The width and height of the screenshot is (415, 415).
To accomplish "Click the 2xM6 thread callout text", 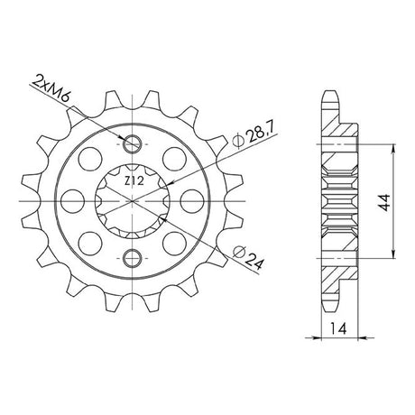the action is (51, 88).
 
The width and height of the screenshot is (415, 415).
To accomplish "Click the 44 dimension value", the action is (384, 202).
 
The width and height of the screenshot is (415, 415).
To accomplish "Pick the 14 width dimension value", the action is (338, 328).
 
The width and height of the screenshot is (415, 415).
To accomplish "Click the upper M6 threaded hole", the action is (132, 144).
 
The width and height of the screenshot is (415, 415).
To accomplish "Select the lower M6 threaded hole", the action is (132, 258).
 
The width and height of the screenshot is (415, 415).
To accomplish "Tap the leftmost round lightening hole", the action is (72, 201).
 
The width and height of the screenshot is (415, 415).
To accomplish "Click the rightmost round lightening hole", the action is (192, 201).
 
